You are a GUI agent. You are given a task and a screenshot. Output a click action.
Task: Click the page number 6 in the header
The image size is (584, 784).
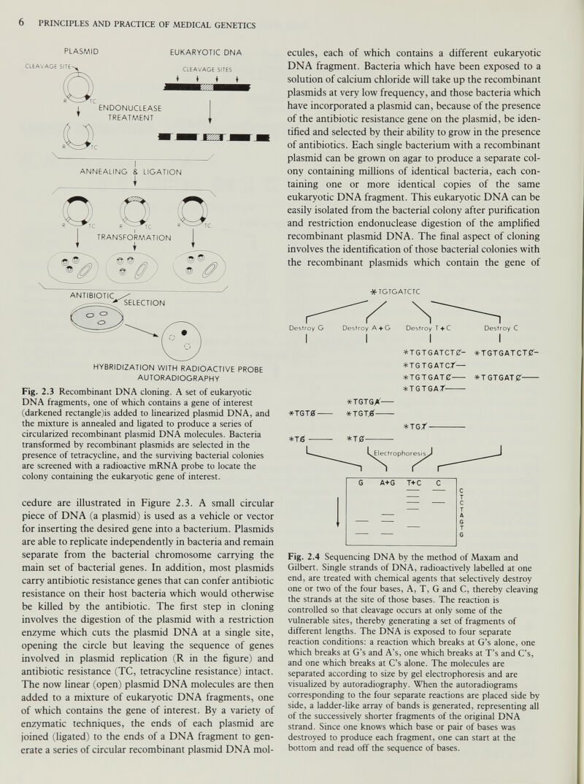tap(22, 23)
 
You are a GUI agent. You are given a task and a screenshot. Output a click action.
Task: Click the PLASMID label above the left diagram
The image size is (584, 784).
tap(82, 52)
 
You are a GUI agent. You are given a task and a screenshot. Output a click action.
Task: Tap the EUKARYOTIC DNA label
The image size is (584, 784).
tap(206, 53)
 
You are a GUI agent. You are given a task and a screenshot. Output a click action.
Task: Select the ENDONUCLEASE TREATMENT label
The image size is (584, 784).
tap(130, 113)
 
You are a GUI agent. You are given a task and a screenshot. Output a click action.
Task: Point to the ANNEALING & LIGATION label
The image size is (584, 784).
tap(131, 172)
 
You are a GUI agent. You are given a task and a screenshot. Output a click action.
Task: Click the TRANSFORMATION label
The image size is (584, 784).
tap(134, 237)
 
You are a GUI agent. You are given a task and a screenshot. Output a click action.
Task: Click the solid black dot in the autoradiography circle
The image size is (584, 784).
tap(183, 332)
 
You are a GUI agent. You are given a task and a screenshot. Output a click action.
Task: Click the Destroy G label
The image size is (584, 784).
tap(307, 328)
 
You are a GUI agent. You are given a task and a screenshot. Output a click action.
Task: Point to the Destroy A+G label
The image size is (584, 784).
tap(366, 328)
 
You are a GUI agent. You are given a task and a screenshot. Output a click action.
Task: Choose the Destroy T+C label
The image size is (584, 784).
tap(429, 328)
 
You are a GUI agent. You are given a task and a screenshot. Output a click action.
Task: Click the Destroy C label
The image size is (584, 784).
tap(501, 328)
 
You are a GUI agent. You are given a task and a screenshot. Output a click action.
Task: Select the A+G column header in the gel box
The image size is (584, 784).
tap(387, 483)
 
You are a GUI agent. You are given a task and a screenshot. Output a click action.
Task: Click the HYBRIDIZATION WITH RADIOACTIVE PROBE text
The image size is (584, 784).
tap(178, 369)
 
